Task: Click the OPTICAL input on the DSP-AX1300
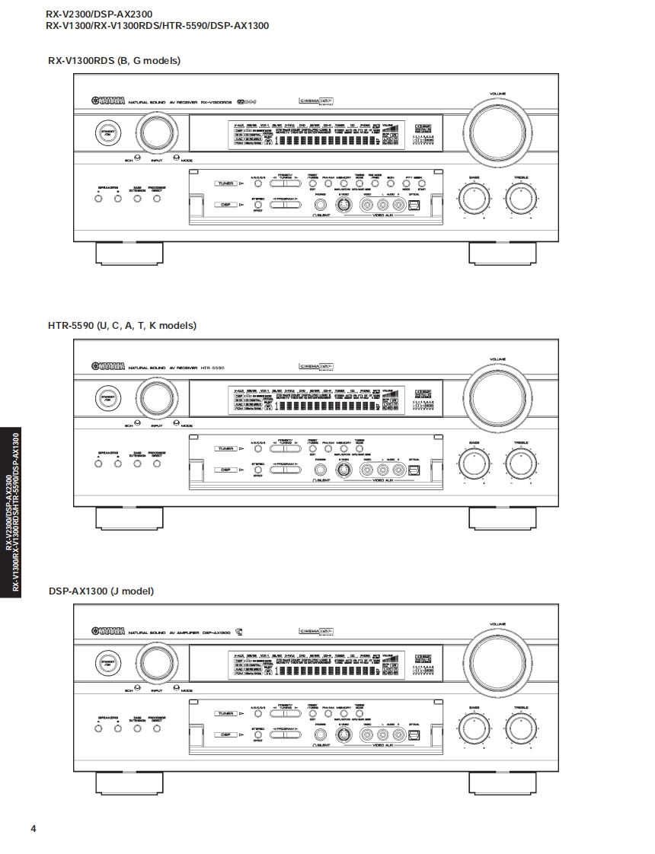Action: pyautogui.click(x=414, y=735)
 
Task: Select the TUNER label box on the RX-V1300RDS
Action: pyautogui.click(x=225, y=183)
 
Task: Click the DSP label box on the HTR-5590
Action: pyautogui.click(x=225, y=470)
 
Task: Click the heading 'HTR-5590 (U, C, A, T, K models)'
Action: pyautogui.click(x=122, y=325)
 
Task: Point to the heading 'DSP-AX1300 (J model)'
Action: pyautogui.click(x=101, y=590)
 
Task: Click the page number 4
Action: pyautogui.click(x=34, y=829)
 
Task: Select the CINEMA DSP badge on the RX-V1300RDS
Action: pyautogui.click(x=317, y=100)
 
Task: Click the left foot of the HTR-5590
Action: pyautogui.click(x=128, y=518)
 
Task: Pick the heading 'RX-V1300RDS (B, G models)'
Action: pyautogui.click(x=114, y=60)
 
